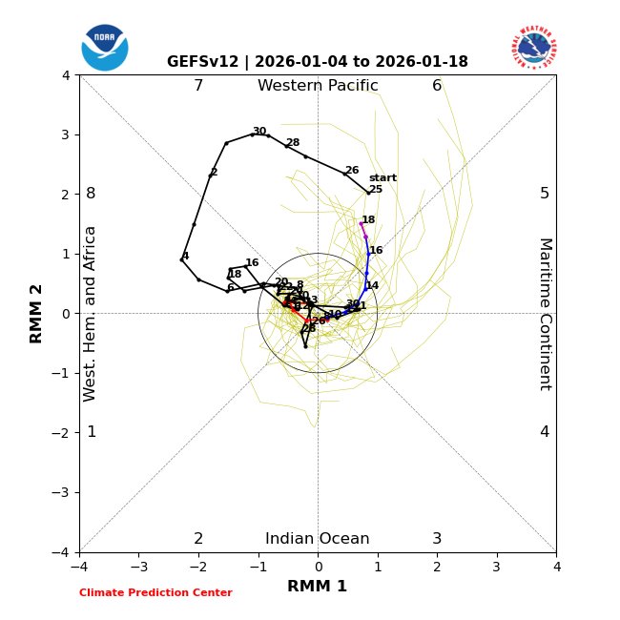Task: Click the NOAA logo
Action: (x=105, y=47)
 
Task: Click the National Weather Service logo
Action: (x=534, y=47)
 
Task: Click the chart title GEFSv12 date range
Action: (x=318, y=62)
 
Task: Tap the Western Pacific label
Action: (x=318, y=86)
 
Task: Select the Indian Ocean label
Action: (x=318, y=539)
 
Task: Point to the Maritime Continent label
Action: (x=545, y=313)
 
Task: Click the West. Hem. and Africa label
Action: (x=91, y=313)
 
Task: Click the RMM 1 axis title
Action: (x=318, y=587)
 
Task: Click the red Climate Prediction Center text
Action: (x=155, y=593)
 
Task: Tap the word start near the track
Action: (x=382, y=178)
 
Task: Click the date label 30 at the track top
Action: (x=259, y=132)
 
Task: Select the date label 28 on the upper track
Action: (x=293, y=143)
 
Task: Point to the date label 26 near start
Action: (x=352, y=171)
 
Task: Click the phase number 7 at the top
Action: (x=198, y=86)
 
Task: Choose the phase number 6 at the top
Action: (x=437, y=86)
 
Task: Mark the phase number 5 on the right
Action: (x=545, y=194)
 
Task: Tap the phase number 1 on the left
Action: (x=92, y=432)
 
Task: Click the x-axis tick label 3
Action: (x=496, y=567)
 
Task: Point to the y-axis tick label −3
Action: (x=64, y=492)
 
